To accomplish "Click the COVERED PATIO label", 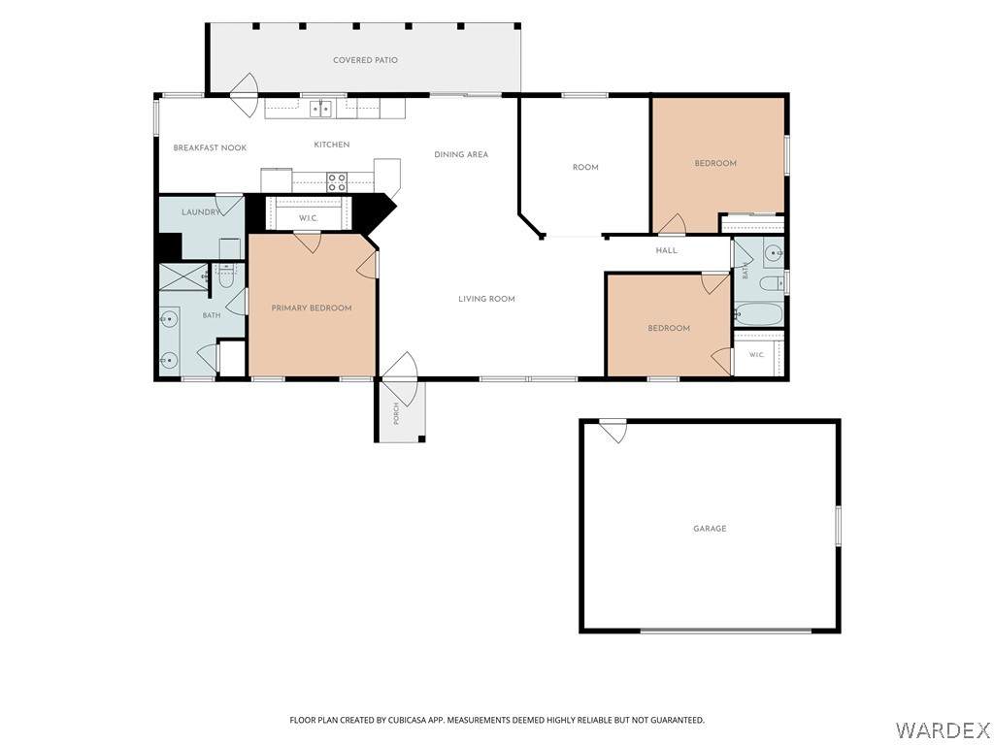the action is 365,60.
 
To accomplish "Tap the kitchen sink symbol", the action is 321,109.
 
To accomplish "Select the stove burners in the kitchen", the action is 337,182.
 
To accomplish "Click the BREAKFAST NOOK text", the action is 210,147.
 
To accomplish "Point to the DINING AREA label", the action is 461,154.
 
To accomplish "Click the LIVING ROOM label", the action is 486,299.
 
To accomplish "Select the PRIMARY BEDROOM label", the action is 312,308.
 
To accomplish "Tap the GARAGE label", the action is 710,529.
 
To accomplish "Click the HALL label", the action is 666,251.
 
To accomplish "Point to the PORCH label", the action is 396,413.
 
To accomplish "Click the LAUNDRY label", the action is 200,212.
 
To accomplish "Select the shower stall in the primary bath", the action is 183,276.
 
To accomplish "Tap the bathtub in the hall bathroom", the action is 759,314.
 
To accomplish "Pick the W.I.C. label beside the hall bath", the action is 757,355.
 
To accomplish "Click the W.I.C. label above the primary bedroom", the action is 308,218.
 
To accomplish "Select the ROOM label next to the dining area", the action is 585,167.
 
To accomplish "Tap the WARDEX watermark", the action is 942,729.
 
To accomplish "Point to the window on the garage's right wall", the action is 838,526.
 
